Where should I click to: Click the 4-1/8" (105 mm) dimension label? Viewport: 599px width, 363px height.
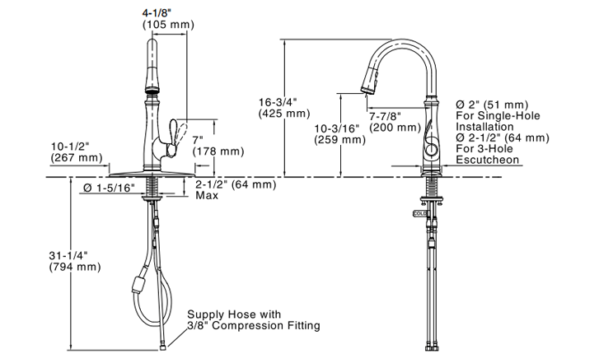click(x=168, y=18)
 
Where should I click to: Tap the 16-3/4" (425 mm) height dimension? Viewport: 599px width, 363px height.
click(x=283, y=108)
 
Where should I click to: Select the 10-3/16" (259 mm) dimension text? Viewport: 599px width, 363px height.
click(x=339, y=134)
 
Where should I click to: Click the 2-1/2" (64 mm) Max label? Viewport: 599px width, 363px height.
click(x=234, y=189)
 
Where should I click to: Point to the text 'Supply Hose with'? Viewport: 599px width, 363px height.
click(x=234, y=314)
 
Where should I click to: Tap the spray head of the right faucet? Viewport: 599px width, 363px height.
click(x=370, y=79)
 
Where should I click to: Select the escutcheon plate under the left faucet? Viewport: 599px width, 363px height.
click(x=152, y=174)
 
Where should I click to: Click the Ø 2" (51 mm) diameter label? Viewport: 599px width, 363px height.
click(x=491, y=105)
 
